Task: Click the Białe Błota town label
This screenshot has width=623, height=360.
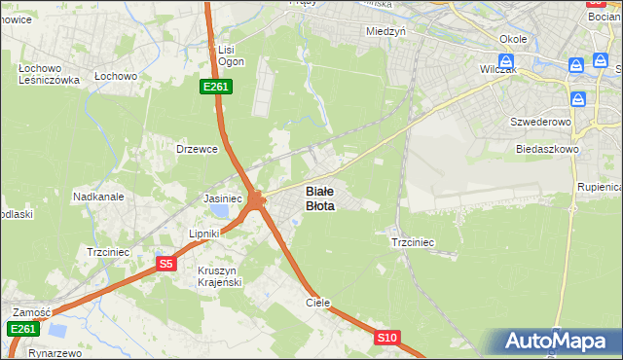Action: [x=320, y=198]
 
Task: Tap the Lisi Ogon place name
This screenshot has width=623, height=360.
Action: [x=227, y=54]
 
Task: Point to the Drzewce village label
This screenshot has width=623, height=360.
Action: [x=194, y=149]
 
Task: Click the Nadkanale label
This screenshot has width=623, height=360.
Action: [x=98, y=197]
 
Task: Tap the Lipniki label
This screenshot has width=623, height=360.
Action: [x=206, y=234]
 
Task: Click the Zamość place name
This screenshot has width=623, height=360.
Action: [x=31, y=311]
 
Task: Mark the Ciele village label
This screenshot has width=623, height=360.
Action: [x=318, y=303]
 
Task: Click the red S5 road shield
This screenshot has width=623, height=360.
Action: [x=166, y=263]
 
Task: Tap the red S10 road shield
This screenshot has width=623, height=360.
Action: [x=387, y=338]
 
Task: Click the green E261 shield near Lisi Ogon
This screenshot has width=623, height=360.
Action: [x=215, y=88]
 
